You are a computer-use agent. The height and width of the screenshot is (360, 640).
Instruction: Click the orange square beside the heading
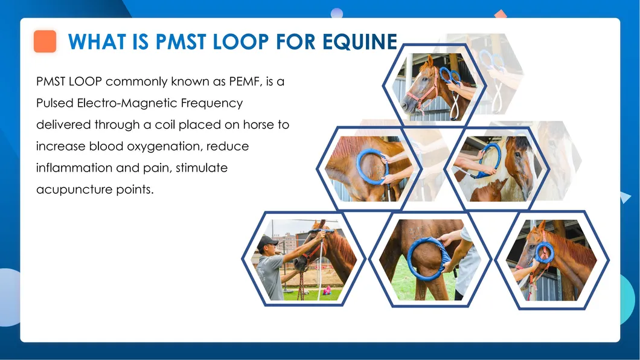pyautogui.click(x=45, y=42)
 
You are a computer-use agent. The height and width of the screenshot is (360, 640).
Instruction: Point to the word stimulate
pyautogui.click(x=202, y=168)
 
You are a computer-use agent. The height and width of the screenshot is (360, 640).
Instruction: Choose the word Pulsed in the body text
pyautogui.click(x=54, y=103)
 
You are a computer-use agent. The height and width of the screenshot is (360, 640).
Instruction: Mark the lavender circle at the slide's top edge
pyautogui.click(x=337, y=13)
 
